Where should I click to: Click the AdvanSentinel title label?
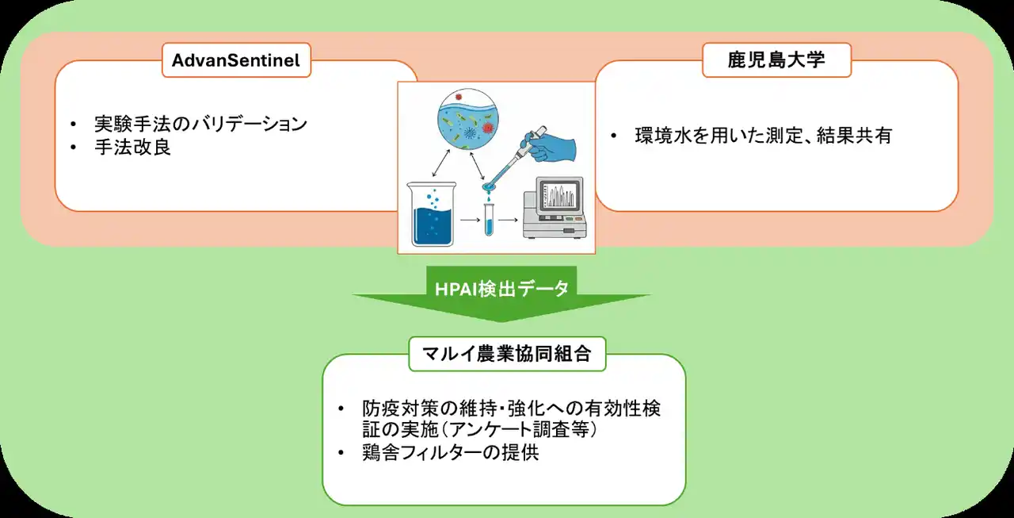pyautogui.click(x=235, y=60)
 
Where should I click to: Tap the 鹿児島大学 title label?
pyautogui.click(x=776, y=60)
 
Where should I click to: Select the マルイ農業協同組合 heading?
pyautogui.click(x=507, y=353)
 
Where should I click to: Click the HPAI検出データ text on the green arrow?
pyautogui.click(x=501, y=289)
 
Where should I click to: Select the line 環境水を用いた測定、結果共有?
pyautogui.click(x=763, y=136)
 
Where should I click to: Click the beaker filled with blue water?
pyautogui.click(x=433, y=213)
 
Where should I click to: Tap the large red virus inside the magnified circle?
pyautogui.click(x=486, y=128)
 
